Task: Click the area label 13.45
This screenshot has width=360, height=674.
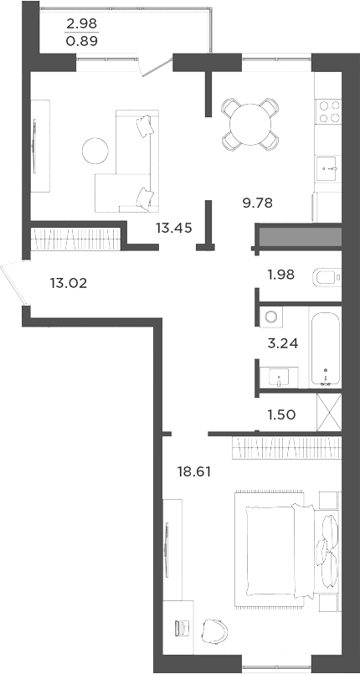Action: point(172,227)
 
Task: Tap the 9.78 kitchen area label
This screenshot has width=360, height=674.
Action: point(257,202)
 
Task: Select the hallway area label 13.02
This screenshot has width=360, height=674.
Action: point(69,283)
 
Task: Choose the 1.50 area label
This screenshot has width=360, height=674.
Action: point(280,414)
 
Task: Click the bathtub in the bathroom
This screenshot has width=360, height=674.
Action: point(325,348)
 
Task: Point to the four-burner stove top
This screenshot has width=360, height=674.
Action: point(327,111)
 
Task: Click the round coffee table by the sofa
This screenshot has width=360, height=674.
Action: point(94,151)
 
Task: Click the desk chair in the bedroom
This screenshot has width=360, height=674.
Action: point(215,629)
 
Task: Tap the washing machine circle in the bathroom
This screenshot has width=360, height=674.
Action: point(270,316)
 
